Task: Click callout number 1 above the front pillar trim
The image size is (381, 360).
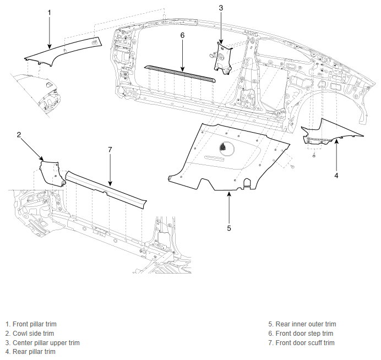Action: pos(50,13)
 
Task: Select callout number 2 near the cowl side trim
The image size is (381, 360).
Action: pos(19,134)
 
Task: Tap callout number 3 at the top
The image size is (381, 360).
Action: pos(221,8)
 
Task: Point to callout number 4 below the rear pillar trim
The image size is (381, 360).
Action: pos(336,176)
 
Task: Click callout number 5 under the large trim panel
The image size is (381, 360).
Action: pos(229,228)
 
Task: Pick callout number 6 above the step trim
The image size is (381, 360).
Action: pos(182,35)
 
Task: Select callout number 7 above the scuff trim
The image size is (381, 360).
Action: pos(110,150)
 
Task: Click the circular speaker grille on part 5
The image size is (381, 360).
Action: pos(227,148)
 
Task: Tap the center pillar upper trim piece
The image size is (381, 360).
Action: pos(222,58)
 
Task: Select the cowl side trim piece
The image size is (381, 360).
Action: pos(52,173)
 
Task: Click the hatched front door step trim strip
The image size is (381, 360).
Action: pos(179,73)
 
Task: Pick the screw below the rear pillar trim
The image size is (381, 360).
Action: pos(314,154)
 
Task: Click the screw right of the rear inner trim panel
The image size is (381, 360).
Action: pos(292,167)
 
